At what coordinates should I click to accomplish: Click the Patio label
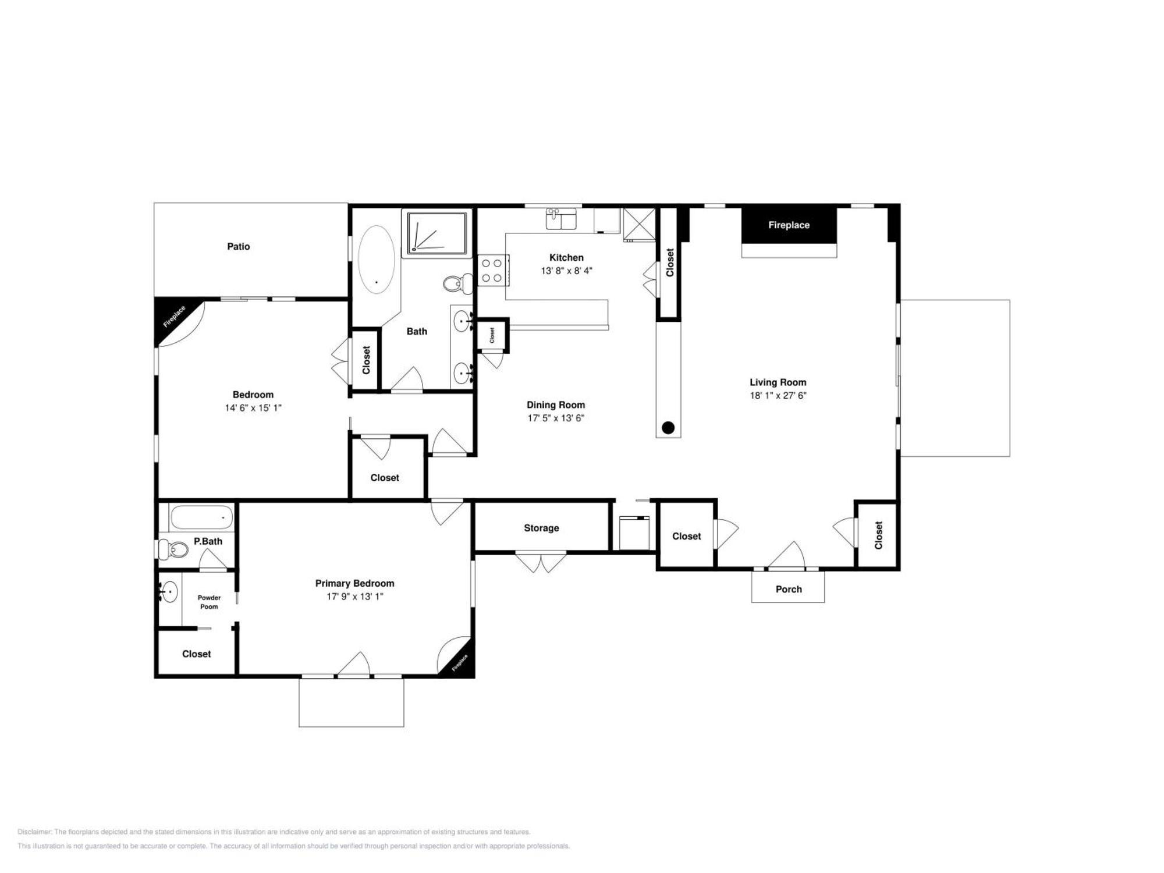click(238, 247)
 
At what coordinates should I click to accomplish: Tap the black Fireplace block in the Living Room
click(789, 225)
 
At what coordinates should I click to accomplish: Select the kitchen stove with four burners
click(493, 271)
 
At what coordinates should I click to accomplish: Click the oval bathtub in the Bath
click(376, 260)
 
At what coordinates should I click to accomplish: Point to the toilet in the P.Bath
click(173, 549)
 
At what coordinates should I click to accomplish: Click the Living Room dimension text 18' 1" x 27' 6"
click(778, 396)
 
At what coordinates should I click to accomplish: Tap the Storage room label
click(541, 528)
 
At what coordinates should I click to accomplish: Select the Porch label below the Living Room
click(789, 589)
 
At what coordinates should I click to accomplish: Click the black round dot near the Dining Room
click(668, 428)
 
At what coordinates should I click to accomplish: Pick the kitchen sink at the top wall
click(561, 218)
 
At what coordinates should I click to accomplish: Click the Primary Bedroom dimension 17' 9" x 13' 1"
click(354, 597)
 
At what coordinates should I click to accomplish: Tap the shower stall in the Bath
click(437, 233)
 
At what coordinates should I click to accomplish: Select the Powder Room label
click(209, 602)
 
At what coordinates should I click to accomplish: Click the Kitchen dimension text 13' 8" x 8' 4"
click(566, 271)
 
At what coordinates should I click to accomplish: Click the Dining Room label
click(555, 405)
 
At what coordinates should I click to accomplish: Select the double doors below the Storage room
click(541, 562)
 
